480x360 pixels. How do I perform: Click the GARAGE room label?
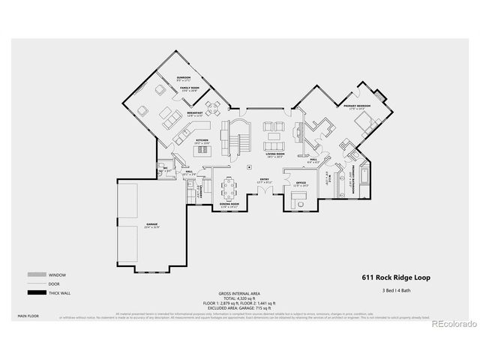coord(151,224)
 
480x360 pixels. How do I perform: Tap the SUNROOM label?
coord(184,78)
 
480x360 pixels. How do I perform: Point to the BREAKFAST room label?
coord(194,113)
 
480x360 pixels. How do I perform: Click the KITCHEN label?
coord(202,140)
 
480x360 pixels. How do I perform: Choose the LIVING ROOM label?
coord(273,154)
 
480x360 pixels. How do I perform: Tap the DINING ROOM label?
coord(229,204)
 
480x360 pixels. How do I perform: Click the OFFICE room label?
coord(301,183)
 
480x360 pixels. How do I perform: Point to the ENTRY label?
coord(265,178)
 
